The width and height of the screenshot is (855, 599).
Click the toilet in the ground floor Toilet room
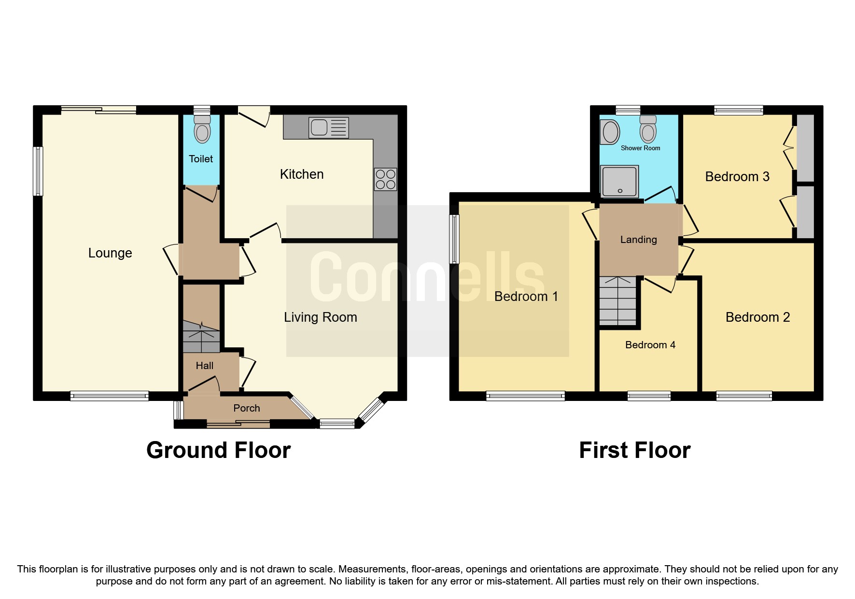pyautogui.click(x=202, y=129)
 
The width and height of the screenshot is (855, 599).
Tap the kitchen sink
pyautogui.click(x=328, y=128)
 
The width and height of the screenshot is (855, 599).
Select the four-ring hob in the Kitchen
pyautogui.click(x=385, y=179)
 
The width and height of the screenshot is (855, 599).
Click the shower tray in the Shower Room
pyautogui.click(x=619, y=181)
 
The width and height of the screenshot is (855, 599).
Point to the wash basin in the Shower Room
pyautogui.click(x=610, y=132)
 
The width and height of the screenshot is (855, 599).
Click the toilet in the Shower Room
pyautogui.click(x=648, y=129)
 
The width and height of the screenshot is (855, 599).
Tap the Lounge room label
pyautogui.click(x=110, y=253)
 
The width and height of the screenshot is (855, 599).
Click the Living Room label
pyautogui.click(x=320, y=317)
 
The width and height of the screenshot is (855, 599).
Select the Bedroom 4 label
pyautogui.click(x=650, y=345)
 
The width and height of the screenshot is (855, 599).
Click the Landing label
pyautogui.click(x=638, y=240)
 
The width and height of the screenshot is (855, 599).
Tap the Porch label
pyautogui.click(x=246, y=408)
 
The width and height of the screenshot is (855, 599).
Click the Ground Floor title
pyautogui.click(x=218, y=450)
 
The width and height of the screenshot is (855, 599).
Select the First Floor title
pyautogui.click(x=634, y=450)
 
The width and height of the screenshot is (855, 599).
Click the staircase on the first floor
pyautogui.click(x=617, y=300)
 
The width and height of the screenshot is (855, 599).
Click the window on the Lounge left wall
pyautogui.click(x=38, y=171)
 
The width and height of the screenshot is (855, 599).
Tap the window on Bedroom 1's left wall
pyautogui.click(x=454, y=239)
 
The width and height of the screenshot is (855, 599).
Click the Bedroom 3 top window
pyautogui.click(x=738, y=110)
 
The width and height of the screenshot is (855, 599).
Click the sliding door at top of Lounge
pyautogui.click(x=99, y=110)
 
